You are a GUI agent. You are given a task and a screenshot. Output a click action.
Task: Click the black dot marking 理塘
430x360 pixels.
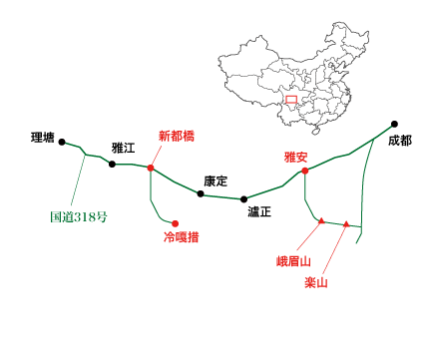tap(62, 143)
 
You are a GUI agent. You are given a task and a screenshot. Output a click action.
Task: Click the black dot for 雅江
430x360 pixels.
tap(112, 162)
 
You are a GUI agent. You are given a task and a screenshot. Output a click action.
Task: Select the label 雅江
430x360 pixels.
tap(124, 149)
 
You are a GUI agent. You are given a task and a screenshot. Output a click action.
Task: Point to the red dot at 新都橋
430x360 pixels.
tap(150, 168)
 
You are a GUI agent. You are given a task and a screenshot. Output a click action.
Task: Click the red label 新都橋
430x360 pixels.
tap(176, 137)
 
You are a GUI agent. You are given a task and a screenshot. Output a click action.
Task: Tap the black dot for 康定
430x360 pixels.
tap(201, 193)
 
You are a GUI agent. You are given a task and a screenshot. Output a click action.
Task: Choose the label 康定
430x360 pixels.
tap(215, 181)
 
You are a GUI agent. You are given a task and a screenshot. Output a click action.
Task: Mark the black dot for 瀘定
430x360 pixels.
tap(243, 199)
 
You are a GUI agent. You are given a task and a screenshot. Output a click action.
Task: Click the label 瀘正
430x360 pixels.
tap(260, 211)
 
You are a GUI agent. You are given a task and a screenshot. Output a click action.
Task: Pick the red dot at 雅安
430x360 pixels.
tap(304, 171)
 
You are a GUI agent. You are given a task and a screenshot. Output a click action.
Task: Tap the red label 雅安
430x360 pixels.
tap(296, 157)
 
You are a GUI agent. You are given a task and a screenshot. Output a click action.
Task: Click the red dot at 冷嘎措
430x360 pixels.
tap(175, 223)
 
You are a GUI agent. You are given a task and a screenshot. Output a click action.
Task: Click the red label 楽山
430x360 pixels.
tap(316, 282)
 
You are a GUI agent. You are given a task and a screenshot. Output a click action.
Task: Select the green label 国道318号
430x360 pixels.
tap(78, 216)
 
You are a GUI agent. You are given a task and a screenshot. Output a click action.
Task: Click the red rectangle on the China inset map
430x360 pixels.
tap(290, 99)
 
